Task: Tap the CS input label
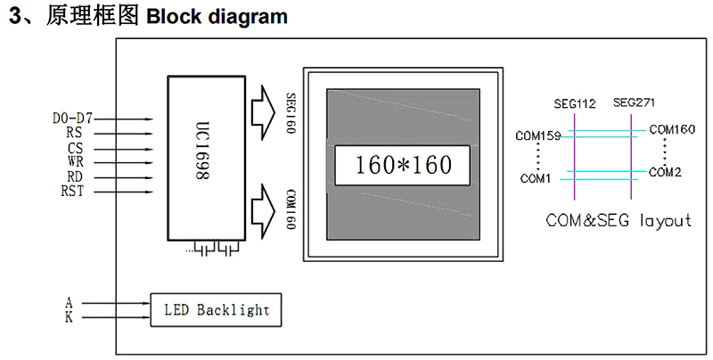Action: pos(75,149)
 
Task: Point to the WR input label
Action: pos(75,162)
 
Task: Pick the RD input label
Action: pos(75,176)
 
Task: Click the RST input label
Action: pos(72,191)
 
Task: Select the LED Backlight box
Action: pos(217,310)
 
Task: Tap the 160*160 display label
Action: pos(403,165)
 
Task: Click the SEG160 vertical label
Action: pos(291,111)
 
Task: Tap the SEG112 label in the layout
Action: pos(574,104)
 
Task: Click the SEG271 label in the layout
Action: pos(634,103)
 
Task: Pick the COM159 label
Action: pos(538,136)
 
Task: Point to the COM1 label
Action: pos(536,178)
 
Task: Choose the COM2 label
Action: pos(665,172)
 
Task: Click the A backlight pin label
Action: pos(70,303)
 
